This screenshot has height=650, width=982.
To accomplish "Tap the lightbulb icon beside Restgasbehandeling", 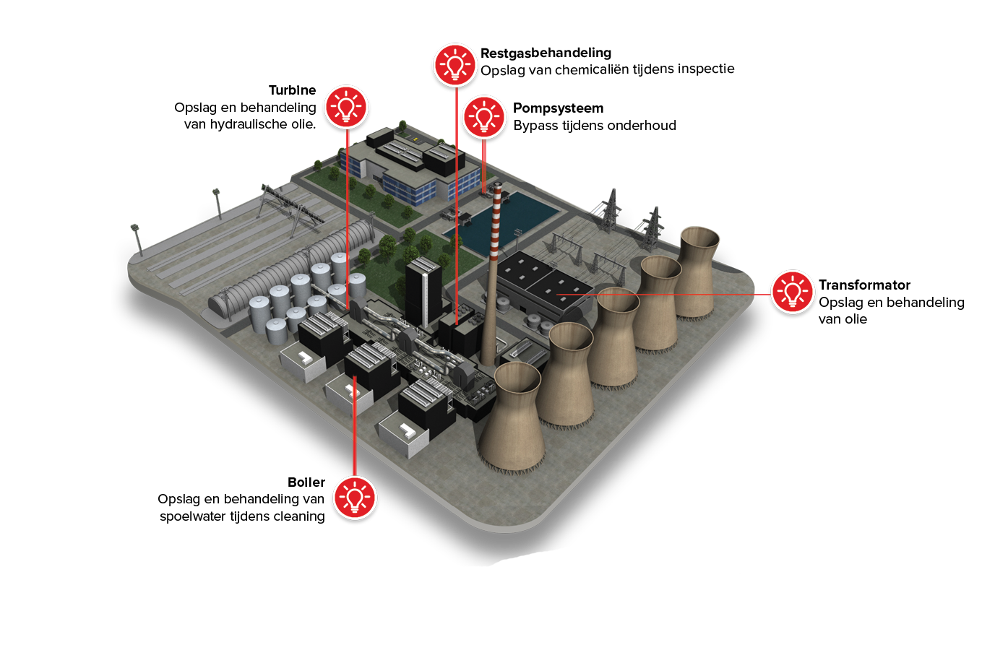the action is pyautogui.click(x=455, y=65).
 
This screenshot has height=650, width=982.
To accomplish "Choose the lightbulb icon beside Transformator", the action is pyautogui.click(x=792, y=292).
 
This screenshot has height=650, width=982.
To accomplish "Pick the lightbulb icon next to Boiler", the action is pyautogui.click(x=355, y=498).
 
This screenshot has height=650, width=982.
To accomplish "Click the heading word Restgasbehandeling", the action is pyautogui.click(x=546, y=53).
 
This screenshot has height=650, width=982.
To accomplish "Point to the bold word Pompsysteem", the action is pyautogui.click(x=558, y=109).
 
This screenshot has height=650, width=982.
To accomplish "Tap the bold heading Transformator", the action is pyautogui.click(x=864, y=285).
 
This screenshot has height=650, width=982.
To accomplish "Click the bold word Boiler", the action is pyautogui.click(x=306, y=482).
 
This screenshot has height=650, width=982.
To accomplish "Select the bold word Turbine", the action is pyautogui.click(x=293, y=90).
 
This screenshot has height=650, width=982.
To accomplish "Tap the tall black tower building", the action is pyautogui.click(x=423, y=292).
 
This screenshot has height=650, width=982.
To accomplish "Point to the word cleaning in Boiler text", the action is pyautogui.click(x=299, y=517).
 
